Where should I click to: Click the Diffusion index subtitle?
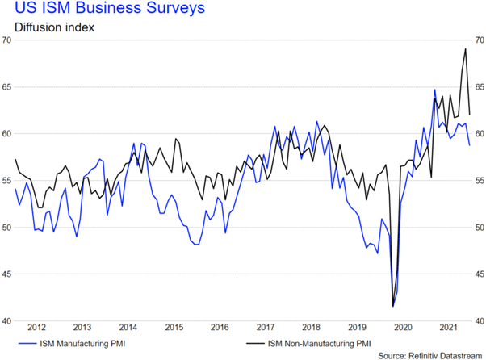pos(49,28)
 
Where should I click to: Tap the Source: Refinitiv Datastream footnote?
pos(427,355)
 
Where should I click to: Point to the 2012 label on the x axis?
pos(36,327)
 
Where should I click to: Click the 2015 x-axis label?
pos(174,327)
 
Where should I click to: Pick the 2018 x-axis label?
pos(311,327)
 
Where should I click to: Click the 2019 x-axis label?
pos(357,327)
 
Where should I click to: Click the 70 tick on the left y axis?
pos(7,40)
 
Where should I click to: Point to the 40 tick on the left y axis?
pos(7,321)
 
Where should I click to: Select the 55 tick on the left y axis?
pos(7,181)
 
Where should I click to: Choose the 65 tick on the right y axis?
pos(479,86)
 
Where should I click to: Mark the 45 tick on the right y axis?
pos(479,274)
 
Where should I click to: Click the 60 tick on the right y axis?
pos(479,134)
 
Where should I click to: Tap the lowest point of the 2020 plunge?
pos(393,306)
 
